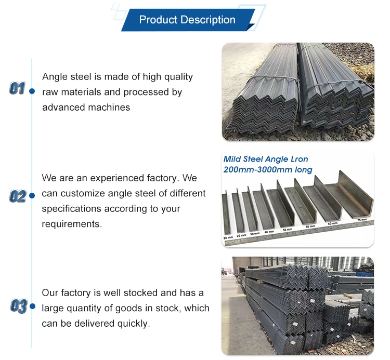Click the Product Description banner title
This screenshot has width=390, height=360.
point(187,20)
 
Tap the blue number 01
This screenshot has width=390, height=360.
point(17,89)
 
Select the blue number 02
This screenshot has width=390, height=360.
point(17,196)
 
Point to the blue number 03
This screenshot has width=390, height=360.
point(18,306)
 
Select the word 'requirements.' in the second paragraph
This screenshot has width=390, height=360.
point(72,224)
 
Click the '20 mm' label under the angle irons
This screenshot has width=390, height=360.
point(228,237)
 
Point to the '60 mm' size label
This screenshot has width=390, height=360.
point(333,224)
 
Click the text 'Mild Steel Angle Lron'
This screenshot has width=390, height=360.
point(266,159)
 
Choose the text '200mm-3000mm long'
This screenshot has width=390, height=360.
point(268,170)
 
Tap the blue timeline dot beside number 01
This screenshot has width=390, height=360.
point(32,90)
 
